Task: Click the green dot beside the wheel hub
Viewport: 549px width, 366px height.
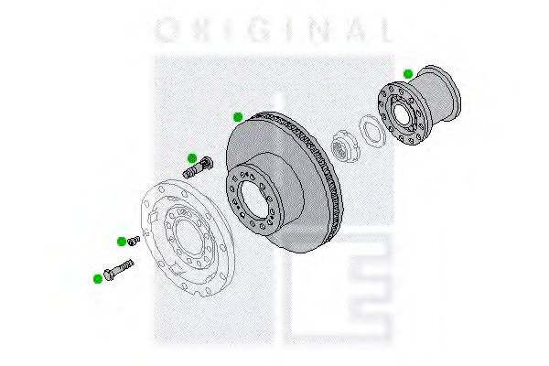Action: point(408,74)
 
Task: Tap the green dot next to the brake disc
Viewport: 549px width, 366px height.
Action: point(238,117)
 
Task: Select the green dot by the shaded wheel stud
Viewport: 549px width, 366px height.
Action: point(192,158)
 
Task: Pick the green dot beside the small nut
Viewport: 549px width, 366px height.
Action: point(122,242)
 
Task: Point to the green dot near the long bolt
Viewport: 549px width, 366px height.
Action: point(98,279)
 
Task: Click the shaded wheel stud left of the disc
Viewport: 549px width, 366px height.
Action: point(199,167)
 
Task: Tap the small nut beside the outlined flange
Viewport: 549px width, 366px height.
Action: point(134,241)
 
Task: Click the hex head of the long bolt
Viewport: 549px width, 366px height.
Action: point(110,274)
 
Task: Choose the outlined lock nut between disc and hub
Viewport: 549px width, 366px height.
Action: point(345,146)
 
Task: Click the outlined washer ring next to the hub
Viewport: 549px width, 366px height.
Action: point(372,131)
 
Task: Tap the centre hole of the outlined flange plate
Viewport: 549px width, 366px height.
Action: point(188,238)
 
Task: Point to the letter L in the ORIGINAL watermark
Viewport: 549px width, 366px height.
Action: point(387,30)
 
